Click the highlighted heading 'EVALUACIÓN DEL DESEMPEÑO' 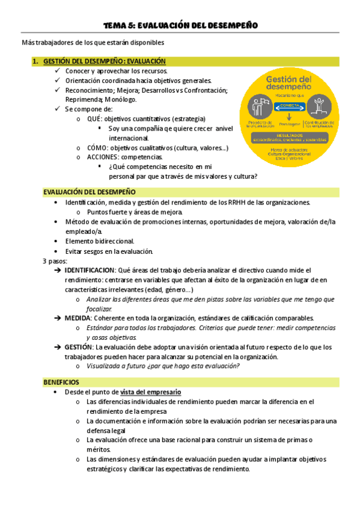click(x=89, y=192)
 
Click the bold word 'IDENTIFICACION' click(x=89, y=270)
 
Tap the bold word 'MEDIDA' click(x=78, y=318)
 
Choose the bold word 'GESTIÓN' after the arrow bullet click(x=79, y=347)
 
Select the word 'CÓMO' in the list click(x=97, y=147)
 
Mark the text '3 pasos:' click(x=55, y=261)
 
